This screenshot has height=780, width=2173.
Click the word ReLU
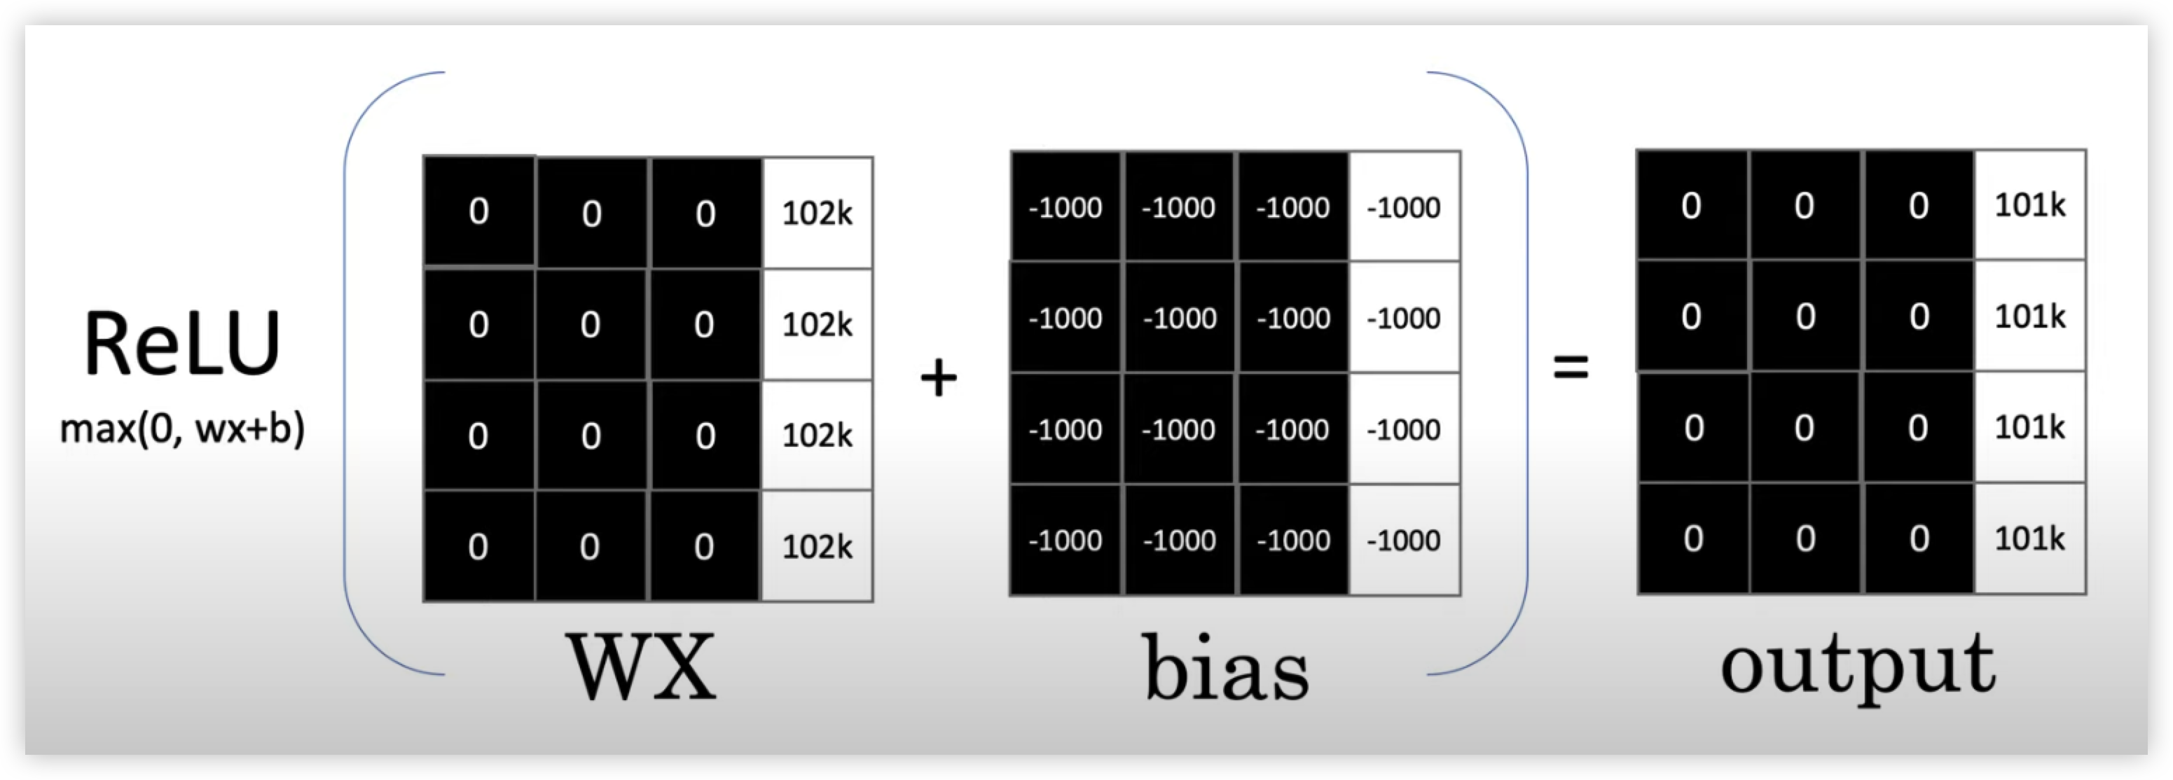coord(182,344)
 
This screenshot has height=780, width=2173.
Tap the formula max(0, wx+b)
coord(182,429)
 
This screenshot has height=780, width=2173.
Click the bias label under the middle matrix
coord(1227,667)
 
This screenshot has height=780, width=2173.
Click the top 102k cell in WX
coord(818,212)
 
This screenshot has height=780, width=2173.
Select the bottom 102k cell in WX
coord(818,545)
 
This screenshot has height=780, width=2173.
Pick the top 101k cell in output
coord(2029,205)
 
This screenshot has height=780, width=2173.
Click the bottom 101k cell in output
coord(2029,538)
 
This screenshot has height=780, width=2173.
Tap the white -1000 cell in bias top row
coord(1405,207)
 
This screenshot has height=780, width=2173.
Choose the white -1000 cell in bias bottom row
coord(1405,540)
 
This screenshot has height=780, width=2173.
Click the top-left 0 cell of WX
coord(479,211)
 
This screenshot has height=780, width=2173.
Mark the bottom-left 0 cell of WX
coord(479,545)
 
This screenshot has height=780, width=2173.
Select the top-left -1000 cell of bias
coord(1066,207)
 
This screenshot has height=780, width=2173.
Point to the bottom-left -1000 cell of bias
coord(1066,540)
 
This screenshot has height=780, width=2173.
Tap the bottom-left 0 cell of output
coord(1693,538)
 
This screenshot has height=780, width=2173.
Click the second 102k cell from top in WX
coord(818,323)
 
